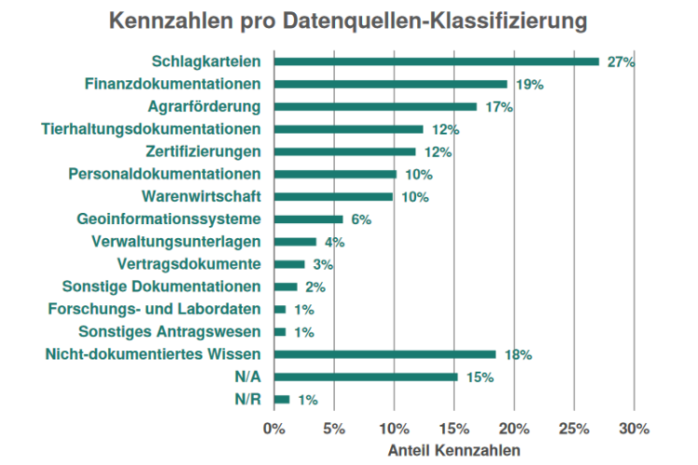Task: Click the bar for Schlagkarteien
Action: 436,61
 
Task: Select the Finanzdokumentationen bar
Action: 391,84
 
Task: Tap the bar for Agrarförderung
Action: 375,107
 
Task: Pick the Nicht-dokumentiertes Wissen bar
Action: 385,354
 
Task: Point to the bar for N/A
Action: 366,377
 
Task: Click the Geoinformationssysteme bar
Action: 308,219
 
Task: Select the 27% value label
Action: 621,62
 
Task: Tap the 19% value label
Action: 529,85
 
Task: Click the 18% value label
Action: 517,355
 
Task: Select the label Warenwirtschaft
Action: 201,197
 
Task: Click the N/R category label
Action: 247,400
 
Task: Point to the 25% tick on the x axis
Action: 574,429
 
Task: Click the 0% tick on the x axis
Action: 274,429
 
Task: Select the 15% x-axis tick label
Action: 454,429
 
